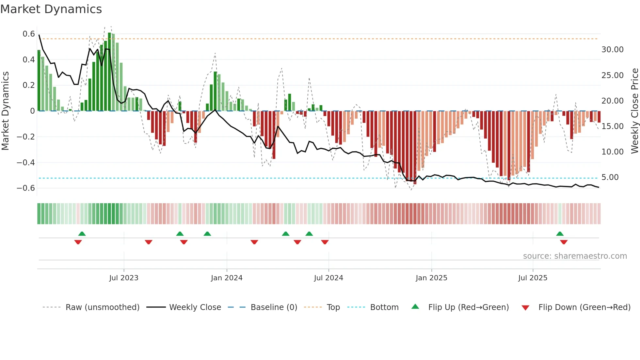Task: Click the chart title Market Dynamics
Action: (51, 9)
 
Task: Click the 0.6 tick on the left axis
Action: (29, 34)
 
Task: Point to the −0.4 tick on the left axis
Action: (26, 162)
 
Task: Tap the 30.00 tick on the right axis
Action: (612, 50)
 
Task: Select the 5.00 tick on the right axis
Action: (610, 177)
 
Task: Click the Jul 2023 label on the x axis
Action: (124, 278)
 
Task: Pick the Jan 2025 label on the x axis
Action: (431, 278)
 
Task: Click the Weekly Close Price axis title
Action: (634, 111)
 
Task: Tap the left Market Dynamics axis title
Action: (6, 111)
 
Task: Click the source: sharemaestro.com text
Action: (575, 256)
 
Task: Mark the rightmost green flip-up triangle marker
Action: (560, 234)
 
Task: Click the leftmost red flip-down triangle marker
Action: (78, 242)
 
